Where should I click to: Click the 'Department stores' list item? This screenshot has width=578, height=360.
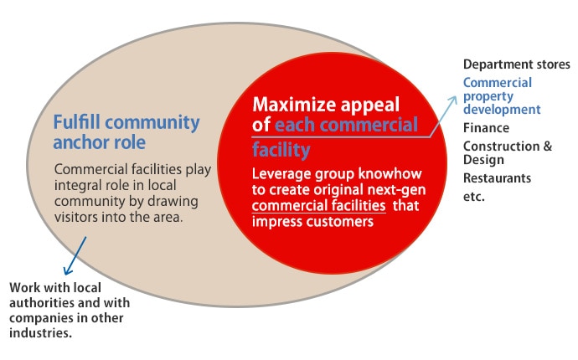pos(517,64)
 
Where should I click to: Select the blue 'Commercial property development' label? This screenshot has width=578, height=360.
pos(502,95)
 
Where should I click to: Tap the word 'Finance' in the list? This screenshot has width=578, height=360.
pos(486,128)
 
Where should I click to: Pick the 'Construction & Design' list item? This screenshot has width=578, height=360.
pos(508,152)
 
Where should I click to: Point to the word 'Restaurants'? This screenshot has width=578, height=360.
pos(497,178)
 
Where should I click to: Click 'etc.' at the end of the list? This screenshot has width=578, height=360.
pos(474,197)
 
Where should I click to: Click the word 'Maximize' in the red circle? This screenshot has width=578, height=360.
pos(294,105)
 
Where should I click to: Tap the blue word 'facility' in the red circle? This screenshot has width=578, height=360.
pos(281,150)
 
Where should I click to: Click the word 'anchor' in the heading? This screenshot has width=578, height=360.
pos(77,143)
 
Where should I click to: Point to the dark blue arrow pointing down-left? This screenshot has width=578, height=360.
pos(75,255)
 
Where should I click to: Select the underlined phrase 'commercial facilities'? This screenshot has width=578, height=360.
pos(319,205)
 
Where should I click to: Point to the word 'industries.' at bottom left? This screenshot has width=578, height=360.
pos(40,332)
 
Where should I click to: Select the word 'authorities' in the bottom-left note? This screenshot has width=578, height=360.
pos(40,302)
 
